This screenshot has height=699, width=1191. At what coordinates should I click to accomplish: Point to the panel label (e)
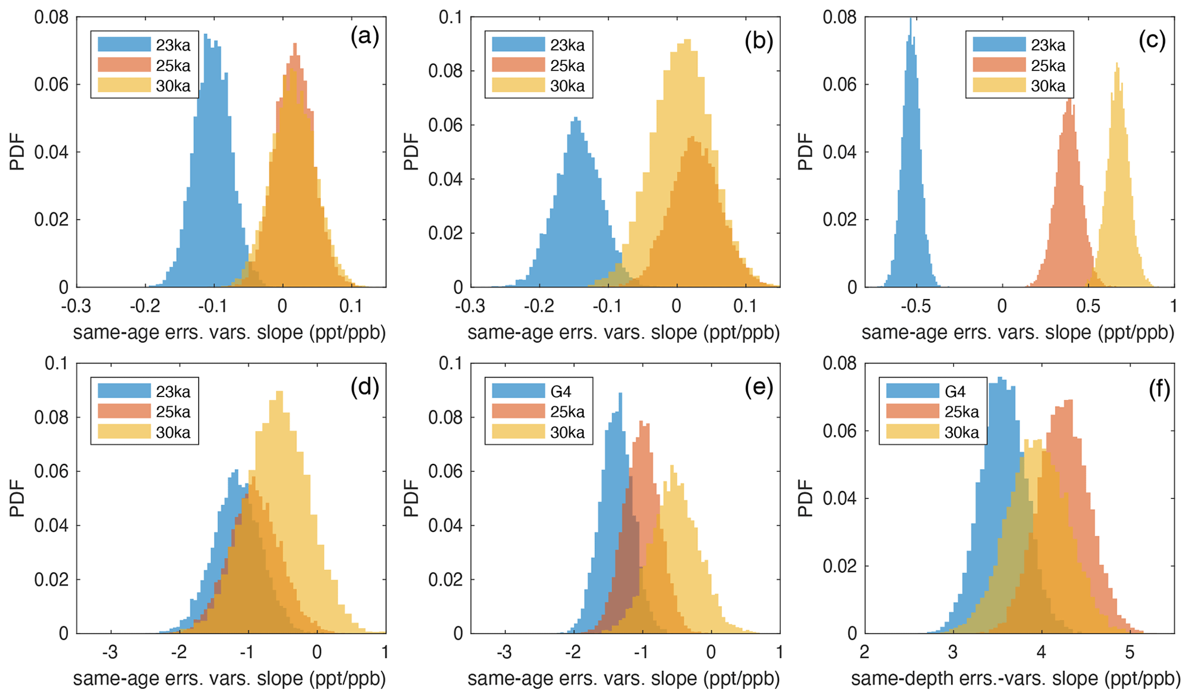click(x=758, y=388)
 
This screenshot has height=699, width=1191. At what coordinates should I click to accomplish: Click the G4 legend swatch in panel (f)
click(x=912, y=391)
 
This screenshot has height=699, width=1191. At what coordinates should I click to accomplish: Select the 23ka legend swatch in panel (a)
click(x=124, y=45)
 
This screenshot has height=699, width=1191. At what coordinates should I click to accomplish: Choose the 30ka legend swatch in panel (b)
click(x=518, y=86)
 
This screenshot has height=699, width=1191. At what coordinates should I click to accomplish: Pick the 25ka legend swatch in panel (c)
click(x=999, y=65)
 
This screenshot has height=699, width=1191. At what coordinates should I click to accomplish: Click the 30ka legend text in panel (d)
click(x=173, y=432)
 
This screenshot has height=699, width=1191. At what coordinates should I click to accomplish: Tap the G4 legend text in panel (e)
click(x=561, y=392)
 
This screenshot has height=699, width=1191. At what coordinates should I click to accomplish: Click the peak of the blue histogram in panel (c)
click(x=910, y=20)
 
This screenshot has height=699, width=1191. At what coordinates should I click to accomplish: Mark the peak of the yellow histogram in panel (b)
click(x=687, y=40)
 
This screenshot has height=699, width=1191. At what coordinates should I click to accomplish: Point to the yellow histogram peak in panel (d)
click(x=280, y=392)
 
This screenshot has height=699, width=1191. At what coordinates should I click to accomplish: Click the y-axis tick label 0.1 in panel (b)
click(x=451, y=17)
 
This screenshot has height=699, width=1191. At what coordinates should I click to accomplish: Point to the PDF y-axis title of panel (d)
click(x=17, y=498)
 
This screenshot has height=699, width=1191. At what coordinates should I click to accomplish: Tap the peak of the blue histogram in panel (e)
click(x=621, y=394)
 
